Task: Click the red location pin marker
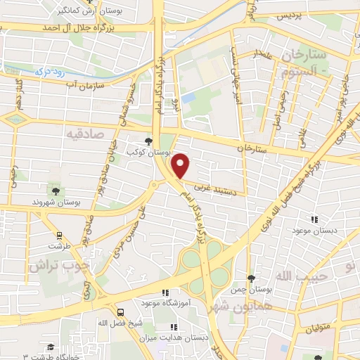click(181, 166)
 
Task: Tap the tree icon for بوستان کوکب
click(148, 141)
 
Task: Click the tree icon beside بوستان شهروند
click(56, 190)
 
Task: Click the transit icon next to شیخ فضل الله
click(120, 311)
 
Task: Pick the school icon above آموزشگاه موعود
click(166, 293)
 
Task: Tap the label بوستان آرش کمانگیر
click(84, 11)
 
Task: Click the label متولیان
click(321, 329)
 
